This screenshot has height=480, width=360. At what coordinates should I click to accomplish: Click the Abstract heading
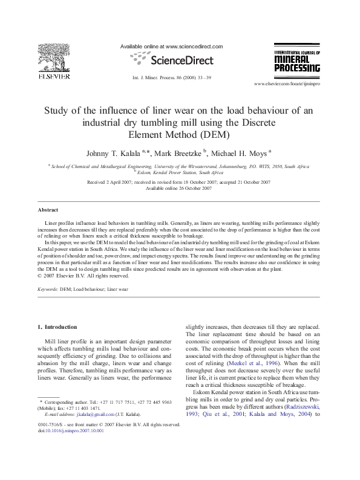click(x=48, y=210)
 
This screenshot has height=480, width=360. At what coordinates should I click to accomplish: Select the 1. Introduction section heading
click(x=57, y=326)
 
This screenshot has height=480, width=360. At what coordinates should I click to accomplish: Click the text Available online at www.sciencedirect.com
click(x=172, y=47)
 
